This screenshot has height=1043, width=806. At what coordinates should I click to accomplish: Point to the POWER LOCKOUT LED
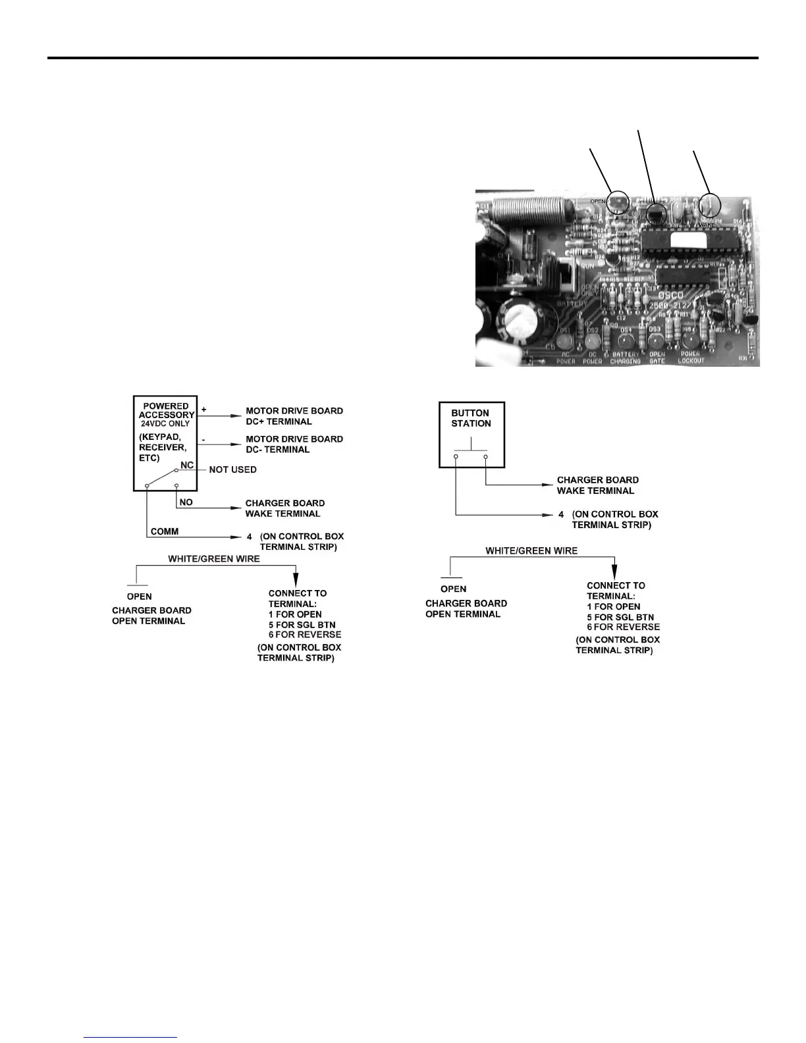[691, 340]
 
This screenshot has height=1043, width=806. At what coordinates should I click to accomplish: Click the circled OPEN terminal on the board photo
[617, 202]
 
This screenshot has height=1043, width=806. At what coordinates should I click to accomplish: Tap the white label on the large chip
[685, 240]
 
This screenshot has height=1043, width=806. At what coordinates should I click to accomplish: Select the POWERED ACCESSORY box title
[167, 410]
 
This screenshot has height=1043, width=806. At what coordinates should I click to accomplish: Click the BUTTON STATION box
[471, 435]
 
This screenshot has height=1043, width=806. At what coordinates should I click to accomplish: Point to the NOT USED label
[232, 469]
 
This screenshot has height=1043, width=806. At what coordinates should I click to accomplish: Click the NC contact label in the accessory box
[187, 465]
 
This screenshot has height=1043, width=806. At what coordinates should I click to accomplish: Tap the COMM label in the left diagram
[165, 531]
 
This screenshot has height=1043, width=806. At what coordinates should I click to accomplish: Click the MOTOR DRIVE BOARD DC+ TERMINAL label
[294, 416]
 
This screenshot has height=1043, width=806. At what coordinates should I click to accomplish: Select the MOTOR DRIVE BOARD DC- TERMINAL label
[294, 444]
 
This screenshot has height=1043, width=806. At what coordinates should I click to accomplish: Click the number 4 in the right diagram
[561, 514]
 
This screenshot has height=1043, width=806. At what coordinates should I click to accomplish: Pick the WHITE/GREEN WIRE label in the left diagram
[214, 558]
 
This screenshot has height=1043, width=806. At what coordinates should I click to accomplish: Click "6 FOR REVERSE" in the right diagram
[623, 627]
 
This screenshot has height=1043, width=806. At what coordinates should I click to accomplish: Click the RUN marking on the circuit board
[588, 265]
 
